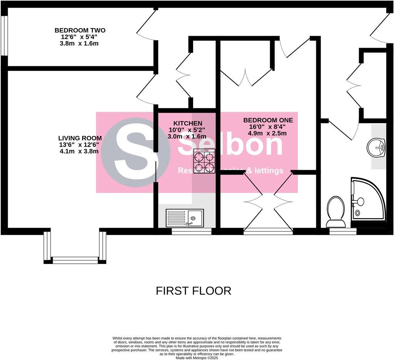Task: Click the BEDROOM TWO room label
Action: tap(80, 30)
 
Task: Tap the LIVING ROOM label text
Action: tap(80, 138)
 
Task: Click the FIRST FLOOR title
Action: tap(194, 291)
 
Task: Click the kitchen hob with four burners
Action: tap(204, 162)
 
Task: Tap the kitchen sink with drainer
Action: tap(184, 218)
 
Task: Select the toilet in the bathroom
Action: tap(336, 212)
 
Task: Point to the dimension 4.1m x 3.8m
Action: tap(79, 151)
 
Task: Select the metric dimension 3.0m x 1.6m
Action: tap(187, 136)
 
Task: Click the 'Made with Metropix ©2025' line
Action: tap(197, 358)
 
